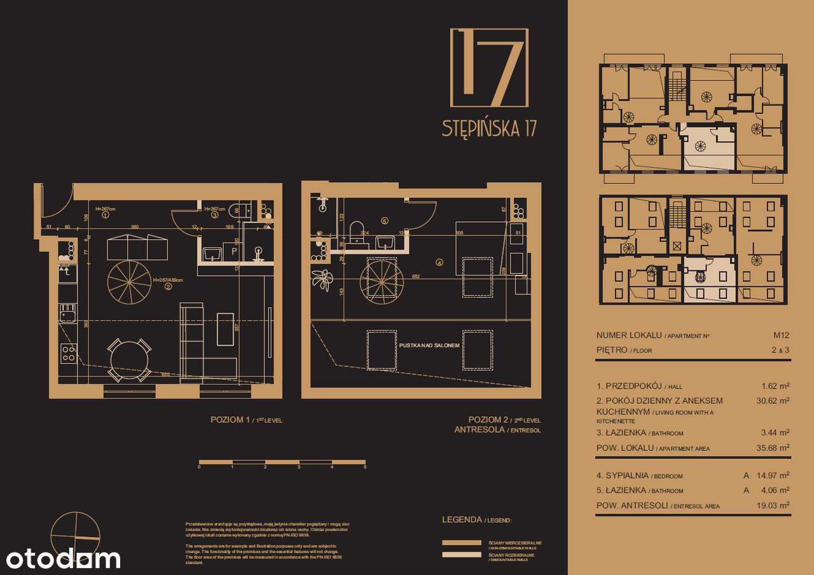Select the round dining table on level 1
tap(130, 361)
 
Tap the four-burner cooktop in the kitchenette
tap(68, 352)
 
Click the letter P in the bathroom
tap(234, 251)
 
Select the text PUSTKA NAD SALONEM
tap(429, 345)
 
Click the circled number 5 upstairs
tap(384, 221)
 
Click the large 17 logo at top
tap(489, 67)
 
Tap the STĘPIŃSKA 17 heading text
tap(489, 128)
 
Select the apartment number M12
tap(780, 335)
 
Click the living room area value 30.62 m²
tap(775, 401)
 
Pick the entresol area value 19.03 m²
tap(775, 504)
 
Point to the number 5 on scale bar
tap(365, 467)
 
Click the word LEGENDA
tap(462, 520)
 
